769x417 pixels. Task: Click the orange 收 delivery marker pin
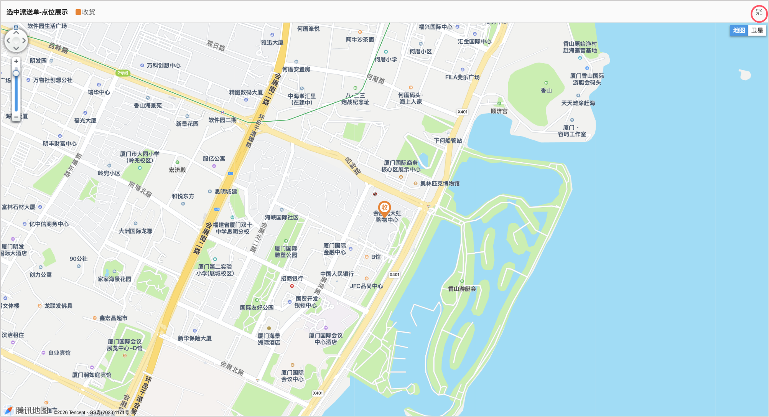click(384, 208)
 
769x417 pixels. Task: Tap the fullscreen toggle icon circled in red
click(759, 13)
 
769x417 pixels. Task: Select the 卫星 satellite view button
click(757, 31)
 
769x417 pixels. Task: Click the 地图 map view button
click(739, 31)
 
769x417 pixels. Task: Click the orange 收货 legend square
click(78, 12)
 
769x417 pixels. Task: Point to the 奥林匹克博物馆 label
click(440, 183)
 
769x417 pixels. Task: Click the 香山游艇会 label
click(462, 289)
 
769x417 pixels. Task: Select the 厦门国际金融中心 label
click(334, 249)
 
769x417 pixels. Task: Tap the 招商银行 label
click(292, 279)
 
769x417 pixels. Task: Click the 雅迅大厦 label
click(272, 42)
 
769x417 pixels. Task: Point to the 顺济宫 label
click(499, 111)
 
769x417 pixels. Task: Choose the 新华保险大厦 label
click(194, 338)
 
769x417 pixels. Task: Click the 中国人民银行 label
click(337, 274)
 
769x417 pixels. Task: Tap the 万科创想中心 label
click(163, 66)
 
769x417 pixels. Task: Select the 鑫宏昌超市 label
click(113, 318)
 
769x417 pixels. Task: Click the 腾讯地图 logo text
click(32, 410)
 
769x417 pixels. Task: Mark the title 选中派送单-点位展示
click(37, 12)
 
